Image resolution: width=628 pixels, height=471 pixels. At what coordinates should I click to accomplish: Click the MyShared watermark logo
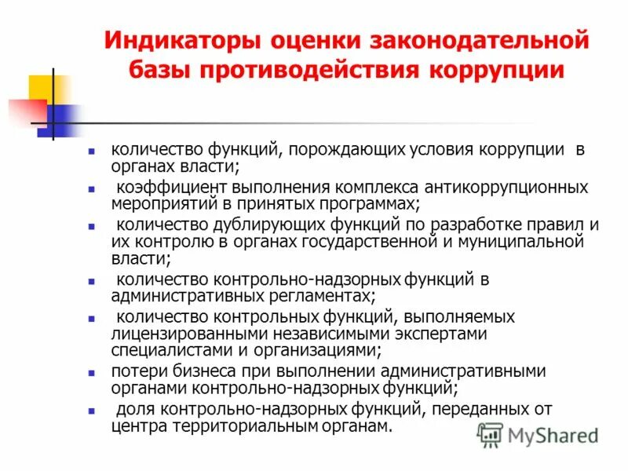coord(539,434)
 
